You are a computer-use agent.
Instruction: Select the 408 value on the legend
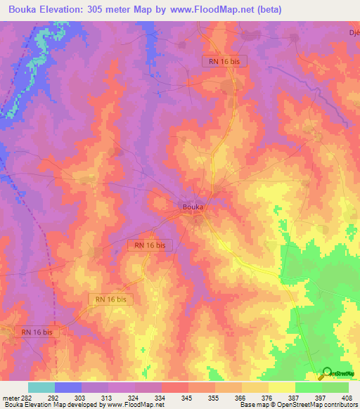[x=347, y=397]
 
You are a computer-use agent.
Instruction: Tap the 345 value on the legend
[x=187, y=397]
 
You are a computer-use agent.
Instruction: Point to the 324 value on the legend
[x=134, y=397]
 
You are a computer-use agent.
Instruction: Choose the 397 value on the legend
[x=321, y=397]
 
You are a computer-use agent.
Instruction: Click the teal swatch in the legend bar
[x=41, y=387]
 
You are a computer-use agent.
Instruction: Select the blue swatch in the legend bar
[x=67, y=387]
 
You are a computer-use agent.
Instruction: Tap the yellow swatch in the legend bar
[x=281, y=387]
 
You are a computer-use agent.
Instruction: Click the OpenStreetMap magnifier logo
[x=326, y=373]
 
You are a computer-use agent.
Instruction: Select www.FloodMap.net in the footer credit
[x=134, y=405]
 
